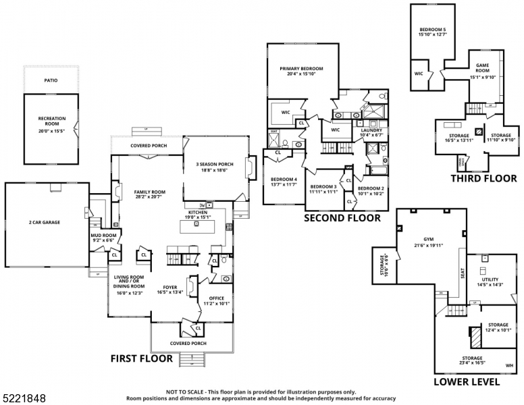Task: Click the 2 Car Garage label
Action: [47, 222]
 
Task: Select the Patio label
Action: [51, 80]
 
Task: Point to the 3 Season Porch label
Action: [215, 165]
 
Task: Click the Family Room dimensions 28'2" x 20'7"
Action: [149, 196]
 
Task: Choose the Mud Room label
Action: [104, 235]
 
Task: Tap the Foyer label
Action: [170, 287]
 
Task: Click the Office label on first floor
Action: [216, 298]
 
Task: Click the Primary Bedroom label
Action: [302, 69]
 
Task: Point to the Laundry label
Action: [371, 130]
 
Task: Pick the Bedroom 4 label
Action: [283, 179]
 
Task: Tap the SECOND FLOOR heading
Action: [342, 218]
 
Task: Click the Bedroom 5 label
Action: [433, 30]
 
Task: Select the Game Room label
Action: [482, 67]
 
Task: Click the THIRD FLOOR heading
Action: [483, 179]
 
